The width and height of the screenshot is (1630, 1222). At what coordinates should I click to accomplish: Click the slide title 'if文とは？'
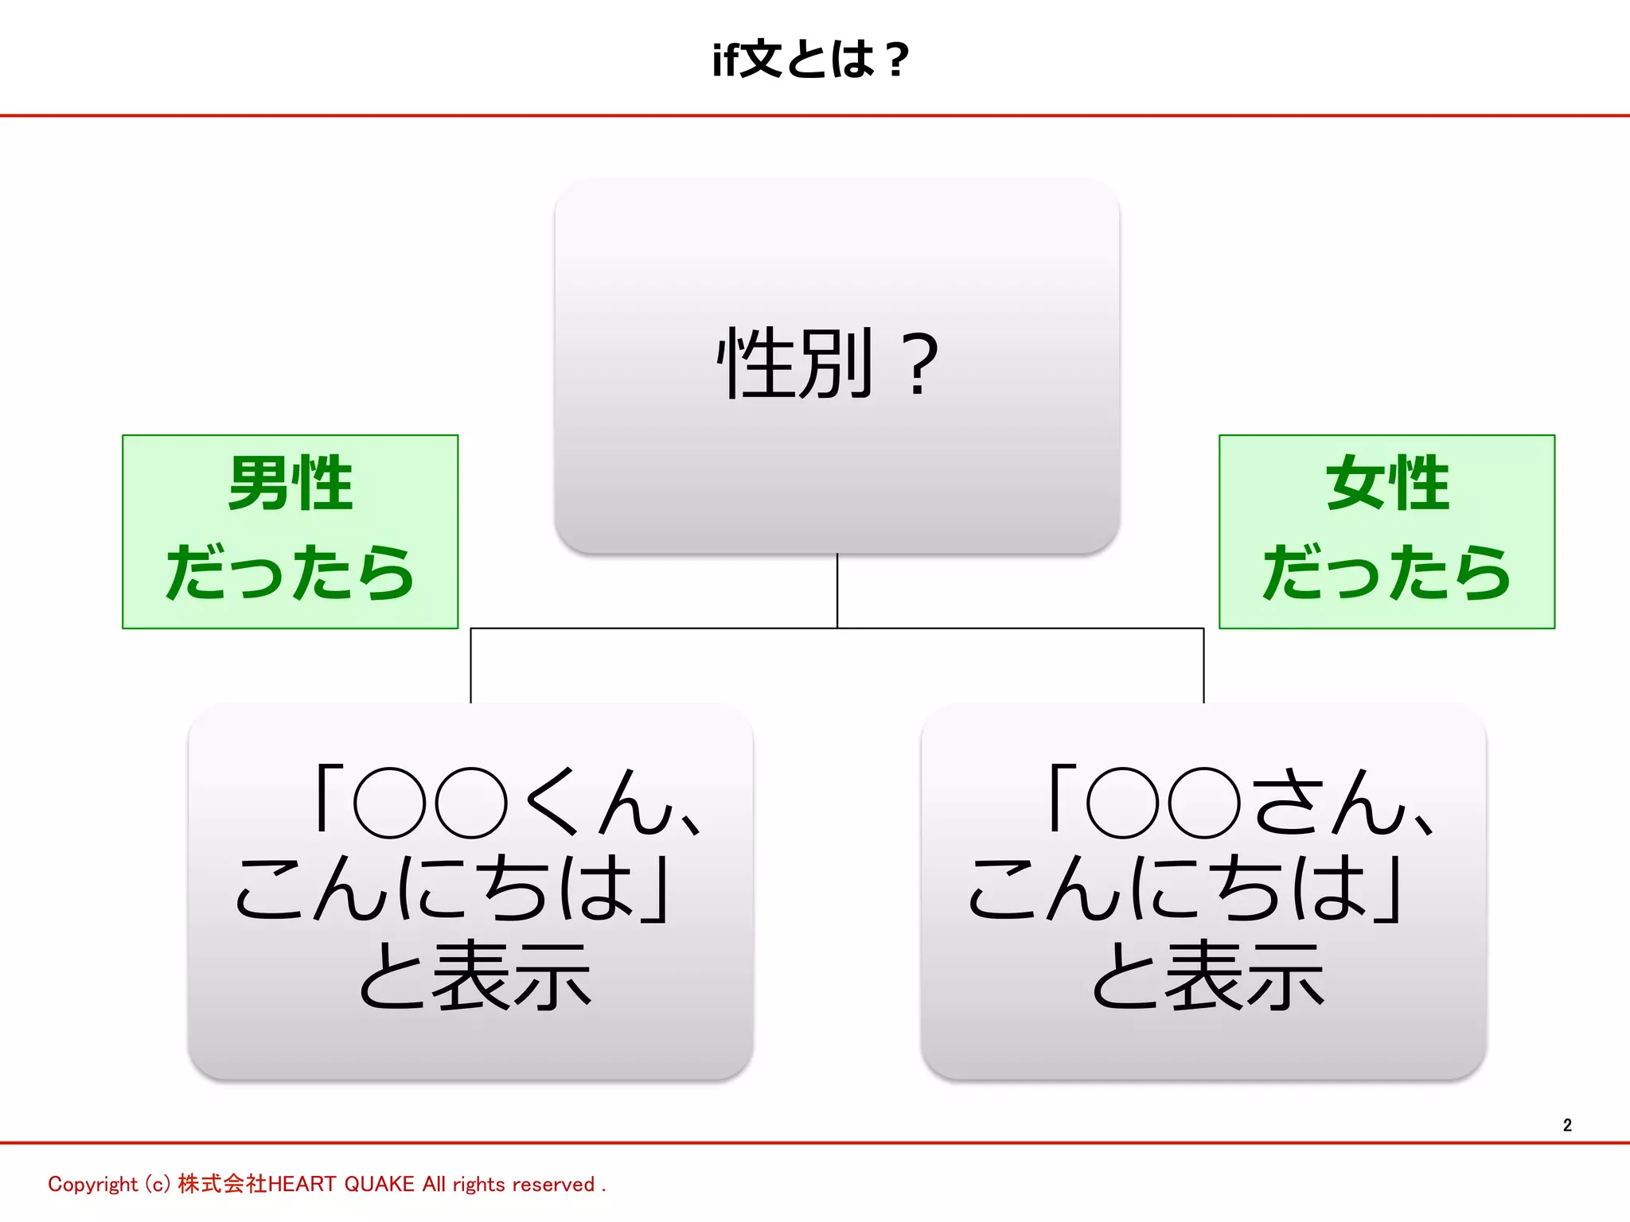coord(810,60)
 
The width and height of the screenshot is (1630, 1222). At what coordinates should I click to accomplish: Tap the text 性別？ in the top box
coord(828,364)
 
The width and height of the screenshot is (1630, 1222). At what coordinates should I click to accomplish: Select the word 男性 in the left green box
coord(290,483)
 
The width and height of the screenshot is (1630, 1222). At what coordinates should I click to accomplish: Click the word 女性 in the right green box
coord(1386,483)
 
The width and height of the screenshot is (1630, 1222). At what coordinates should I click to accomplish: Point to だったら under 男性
coord(290,572)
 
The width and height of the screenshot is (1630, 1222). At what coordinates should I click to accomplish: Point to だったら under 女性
coord(1386,572)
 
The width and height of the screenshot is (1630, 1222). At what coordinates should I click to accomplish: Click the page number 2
coord(1567,1125)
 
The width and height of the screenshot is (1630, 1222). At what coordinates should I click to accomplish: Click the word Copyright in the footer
coord(92,1185)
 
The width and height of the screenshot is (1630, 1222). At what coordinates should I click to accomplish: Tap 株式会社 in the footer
coord(222,1184)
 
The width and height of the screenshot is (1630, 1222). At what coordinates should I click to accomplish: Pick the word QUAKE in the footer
coord(379,1185)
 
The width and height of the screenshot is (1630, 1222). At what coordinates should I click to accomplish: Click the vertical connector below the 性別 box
coord(837,590)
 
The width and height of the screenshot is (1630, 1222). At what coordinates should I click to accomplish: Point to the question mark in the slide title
coord(897,60)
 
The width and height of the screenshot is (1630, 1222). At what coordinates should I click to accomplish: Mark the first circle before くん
coord(390,802)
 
